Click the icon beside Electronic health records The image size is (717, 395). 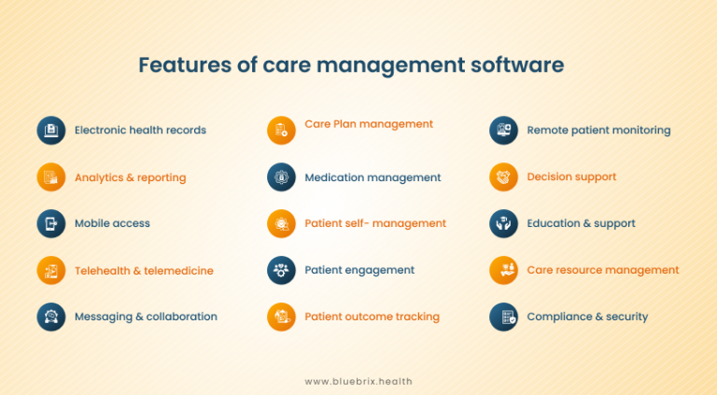click(x=51, y=130)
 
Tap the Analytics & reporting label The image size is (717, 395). click(x=130, y=177)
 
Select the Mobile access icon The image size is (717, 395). click(x=51, y=223)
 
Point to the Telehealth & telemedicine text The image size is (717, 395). click(x=144, y=271)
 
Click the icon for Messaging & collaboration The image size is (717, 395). click(x=51, y=317)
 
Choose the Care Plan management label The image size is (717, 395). click(x=369, y=124)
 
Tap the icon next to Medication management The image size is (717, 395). click(x=281, y=176)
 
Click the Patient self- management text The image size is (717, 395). click(x=375, y=224)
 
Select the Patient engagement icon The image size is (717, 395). click(x=281, y=270)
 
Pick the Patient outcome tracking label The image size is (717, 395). click(x=372, y=317)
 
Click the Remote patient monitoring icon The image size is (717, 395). click(x=504, y=130)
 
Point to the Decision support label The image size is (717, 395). click(x=571, y=177)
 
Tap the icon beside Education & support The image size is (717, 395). click(x=504, y=223)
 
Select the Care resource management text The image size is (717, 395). click(x=603, y=271)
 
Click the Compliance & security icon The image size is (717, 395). click(x=504, y=317)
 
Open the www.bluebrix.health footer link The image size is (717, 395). click(x=358, y=381)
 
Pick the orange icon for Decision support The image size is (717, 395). click(x=504, y=176)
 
